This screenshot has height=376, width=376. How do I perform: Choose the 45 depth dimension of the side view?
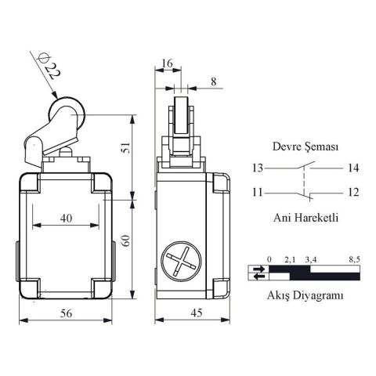[x=191, y=313]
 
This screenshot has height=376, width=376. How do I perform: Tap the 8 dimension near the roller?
[x=214, y=80]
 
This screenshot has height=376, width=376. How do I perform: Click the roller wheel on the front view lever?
[x=62, y=111]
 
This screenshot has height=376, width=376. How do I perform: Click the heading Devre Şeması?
[x=305, y=146]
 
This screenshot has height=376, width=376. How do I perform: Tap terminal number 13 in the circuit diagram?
[x=258, y=168]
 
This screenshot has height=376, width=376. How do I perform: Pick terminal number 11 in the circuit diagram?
[x=258, y=192]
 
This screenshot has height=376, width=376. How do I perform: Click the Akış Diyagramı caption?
[x=305, y=295]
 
